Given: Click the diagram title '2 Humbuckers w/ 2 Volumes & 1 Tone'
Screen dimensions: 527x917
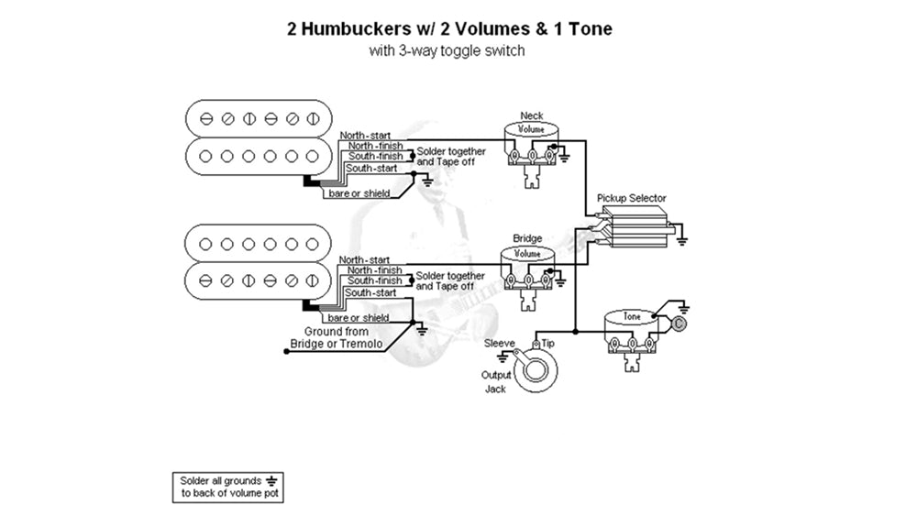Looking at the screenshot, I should pos(449,28).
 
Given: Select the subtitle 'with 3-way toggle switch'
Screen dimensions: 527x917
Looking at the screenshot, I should pos(447,51).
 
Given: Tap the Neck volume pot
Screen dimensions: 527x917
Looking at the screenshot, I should pos(531,147).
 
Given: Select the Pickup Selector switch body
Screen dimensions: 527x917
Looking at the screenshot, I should pos(634,227).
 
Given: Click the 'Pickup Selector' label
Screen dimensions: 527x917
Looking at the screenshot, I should pos(631,198).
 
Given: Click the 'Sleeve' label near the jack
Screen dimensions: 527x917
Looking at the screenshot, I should pos(500,343).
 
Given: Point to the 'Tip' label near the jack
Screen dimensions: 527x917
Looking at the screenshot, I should pos(547,343).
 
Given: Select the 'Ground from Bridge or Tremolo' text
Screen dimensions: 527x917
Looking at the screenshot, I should pos(330,337).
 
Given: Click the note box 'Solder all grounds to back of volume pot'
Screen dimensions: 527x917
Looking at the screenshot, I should pos(226,487).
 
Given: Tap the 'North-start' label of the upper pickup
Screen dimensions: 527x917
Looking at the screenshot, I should pos(364,136).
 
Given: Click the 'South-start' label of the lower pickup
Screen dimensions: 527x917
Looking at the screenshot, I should pos(371,292).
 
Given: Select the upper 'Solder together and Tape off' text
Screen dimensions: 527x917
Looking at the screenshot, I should pos(450,156).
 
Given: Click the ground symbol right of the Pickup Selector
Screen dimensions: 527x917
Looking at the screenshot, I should pos(684,240).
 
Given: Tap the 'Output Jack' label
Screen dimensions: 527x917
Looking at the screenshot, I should pos(494,382).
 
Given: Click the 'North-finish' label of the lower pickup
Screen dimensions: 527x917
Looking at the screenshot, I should pos(374,270).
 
